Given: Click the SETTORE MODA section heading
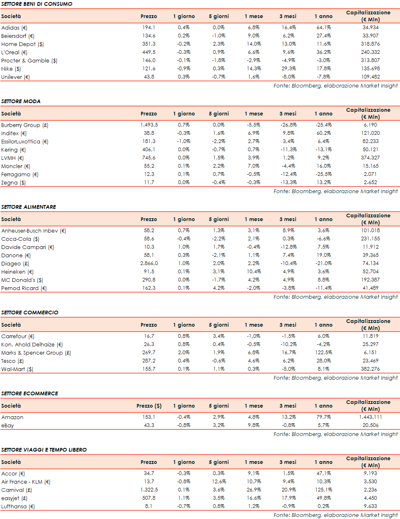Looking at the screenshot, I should click(x=21, y=101).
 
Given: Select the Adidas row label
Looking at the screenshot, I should click(x=14, y=28).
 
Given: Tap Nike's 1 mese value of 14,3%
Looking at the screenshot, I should click(x=254, y=69).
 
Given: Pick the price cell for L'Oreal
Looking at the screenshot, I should click(x=149, y=52).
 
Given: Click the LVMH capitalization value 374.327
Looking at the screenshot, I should click(x=370, y=158).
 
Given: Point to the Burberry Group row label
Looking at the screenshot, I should click(x=25, y=125).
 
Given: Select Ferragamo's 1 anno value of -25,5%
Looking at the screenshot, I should click(x=324, y=174).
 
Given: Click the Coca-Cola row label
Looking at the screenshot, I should click(x=20, y=239).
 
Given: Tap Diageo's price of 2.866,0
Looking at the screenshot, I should click(x=149, y=263).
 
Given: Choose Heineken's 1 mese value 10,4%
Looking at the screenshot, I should click(x=254, y=272).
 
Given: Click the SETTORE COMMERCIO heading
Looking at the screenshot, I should click(x=30, y=312).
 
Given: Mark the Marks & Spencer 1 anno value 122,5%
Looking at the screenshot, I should click(x=324, y=353).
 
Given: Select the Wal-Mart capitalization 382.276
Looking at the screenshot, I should click(x=370, y=369).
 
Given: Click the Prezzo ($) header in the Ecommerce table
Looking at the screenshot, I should click(x=149, y=406).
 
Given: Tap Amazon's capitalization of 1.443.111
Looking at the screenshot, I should click(x=370, y=417).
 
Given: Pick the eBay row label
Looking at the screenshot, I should click(x=7, y=425).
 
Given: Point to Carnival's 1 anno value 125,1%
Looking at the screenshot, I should click(x=324, y=490).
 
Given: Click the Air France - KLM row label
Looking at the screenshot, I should click(x=25, y=482).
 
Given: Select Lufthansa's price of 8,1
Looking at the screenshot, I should click(x=149, y=506).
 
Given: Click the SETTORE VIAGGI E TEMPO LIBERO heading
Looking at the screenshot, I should click(x=44, y=450).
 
